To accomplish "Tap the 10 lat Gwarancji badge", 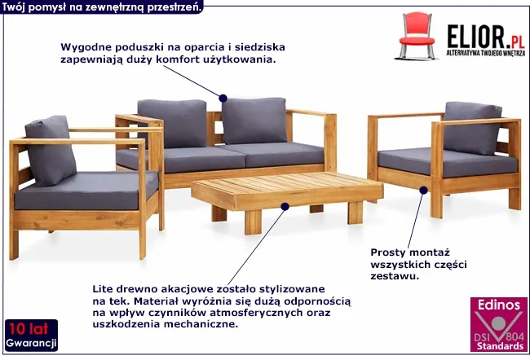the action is click(x=31, y=335).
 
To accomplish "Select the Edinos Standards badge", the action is click(x=498, y=324).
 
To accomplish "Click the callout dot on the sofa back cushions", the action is click(x=223, y=99).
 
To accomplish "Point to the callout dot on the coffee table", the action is click(x=285, y=207).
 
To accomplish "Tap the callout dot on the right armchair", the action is click(x=423, y=190).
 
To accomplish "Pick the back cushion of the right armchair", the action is click(x=472, y=128).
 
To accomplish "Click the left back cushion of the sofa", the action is click(x=172, y=124).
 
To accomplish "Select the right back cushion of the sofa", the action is click(x=254, y=121).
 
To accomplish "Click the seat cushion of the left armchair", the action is click(x=86, y=191).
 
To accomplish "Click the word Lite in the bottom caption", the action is click(x=103, y=289).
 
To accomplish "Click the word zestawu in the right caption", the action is click(x=395, y=276).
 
